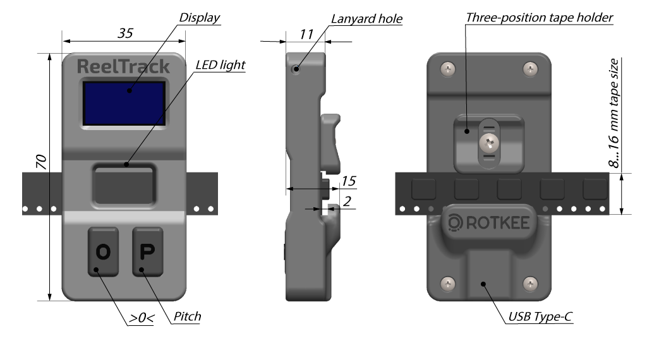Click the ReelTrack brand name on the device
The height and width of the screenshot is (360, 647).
[123, 66]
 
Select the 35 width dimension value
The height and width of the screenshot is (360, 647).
[125, 34]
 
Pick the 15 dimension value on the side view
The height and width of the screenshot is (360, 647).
[348, 181]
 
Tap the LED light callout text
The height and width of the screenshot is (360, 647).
[220, 64]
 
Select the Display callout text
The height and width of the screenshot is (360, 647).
[200, 18]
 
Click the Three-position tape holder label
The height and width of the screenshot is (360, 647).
[539, 17]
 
